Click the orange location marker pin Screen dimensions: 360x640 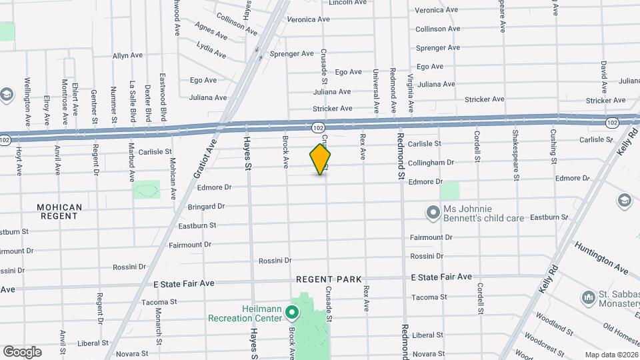[321, 159]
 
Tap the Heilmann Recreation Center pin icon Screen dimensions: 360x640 [291, 311]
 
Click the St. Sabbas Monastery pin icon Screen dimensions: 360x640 [588, 296]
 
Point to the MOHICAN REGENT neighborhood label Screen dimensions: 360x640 [59, 212]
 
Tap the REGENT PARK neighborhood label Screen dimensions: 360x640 [329, 279]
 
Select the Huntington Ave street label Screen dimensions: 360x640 [601, 258]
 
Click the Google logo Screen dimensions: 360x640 [22, 351]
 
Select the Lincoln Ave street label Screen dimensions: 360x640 [348, 3]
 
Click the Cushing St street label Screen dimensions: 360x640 [553, 146]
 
